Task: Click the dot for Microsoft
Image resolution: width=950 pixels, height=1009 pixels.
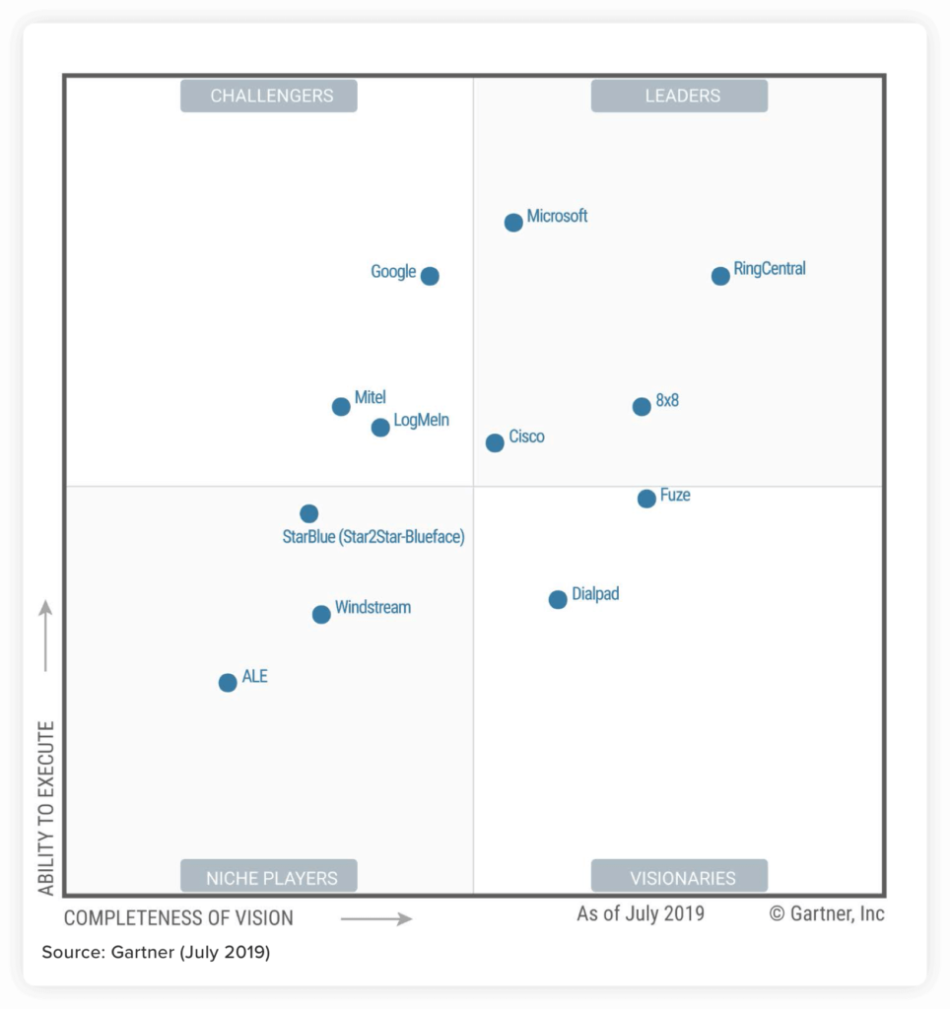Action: tap(513, 223)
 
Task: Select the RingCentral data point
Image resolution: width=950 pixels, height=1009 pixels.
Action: tap(720, 276)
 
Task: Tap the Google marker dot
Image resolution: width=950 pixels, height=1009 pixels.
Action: tap(430, 276)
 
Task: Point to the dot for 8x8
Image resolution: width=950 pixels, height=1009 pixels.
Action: tap(642, 406)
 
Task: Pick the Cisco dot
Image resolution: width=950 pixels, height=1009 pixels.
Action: tap(495, 443)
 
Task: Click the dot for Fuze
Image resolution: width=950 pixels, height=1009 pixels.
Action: tap(646, 499)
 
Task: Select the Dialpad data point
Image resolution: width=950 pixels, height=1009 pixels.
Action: tap(558, 599)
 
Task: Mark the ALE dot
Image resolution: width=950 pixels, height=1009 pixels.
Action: tap(228, 683)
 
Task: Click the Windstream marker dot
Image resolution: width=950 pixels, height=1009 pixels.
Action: tap(321, 615)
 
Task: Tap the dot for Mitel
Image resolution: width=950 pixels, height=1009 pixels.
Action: tap(341, 406)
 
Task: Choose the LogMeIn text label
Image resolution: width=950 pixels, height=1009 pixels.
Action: tap(421, 421)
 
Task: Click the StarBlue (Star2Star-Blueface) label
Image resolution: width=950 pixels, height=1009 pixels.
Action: tap(373, 537)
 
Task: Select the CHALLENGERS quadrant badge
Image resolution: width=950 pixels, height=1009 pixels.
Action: tap(269, 96)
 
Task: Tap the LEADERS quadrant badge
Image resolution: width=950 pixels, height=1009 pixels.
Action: tap(679, 96)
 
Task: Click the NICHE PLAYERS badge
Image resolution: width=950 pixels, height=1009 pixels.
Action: tap(269, 876)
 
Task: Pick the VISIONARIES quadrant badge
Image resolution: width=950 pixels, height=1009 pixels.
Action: tap(679, 876)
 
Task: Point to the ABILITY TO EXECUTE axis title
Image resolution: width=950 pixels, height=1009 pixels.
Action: tap(46, 808)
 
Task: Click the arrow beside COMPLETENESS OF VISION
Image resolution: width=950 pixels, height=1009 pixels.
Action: tap(376, 918)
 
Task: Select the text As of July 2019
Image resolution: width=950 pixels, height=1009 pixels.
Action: tap(641, 913)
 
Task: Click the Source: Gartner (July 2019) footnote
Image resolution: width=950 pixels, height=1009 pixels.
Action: tap(156, 953)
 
